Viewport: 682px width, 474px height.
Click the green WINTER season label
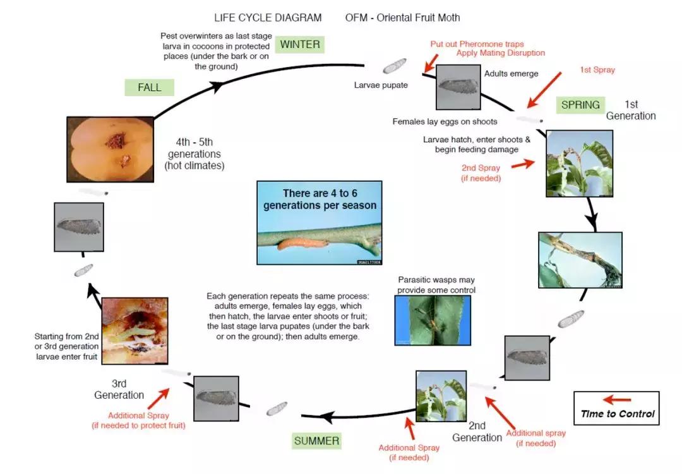[x=300, y=44]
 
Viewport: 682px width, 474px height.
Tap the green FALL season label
[x=150, y=88]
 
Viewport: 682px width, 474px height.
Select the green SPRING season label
[x=580, y=105]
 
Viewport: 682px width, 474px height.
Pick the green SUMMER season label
[x=316, y=441]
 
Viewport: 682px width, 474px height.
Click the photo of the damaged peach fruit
[x=110, y=149]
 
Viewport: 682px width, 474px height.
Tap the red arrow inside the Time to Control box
[x=616, y=399]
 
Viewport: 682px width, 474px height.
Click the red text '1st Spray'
[x=597, y=70]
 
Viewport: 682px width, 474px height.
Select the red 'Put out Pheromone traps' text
[x=477, y=44]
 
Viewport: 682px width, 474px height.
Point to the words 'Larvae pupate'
[x=381, y=85]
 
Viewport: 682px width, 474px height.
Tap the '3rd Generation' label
[x=119, y=389]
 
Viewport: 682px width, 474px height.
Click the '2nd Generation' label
[x=477, y=432]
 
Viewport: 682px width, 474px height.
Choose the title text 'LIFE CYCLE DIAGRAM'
[x=268, y=18]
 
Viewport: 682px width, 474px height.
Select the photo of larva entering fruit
[x=132, y=331]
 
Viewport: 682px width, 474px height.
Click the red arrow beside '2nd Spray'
[x=523, y=164]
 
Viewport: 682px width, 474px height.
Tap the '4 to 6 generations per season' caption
[x=320, y=200]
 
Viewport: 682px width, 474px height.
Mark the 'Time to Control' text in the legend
[x=618, y=415]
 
